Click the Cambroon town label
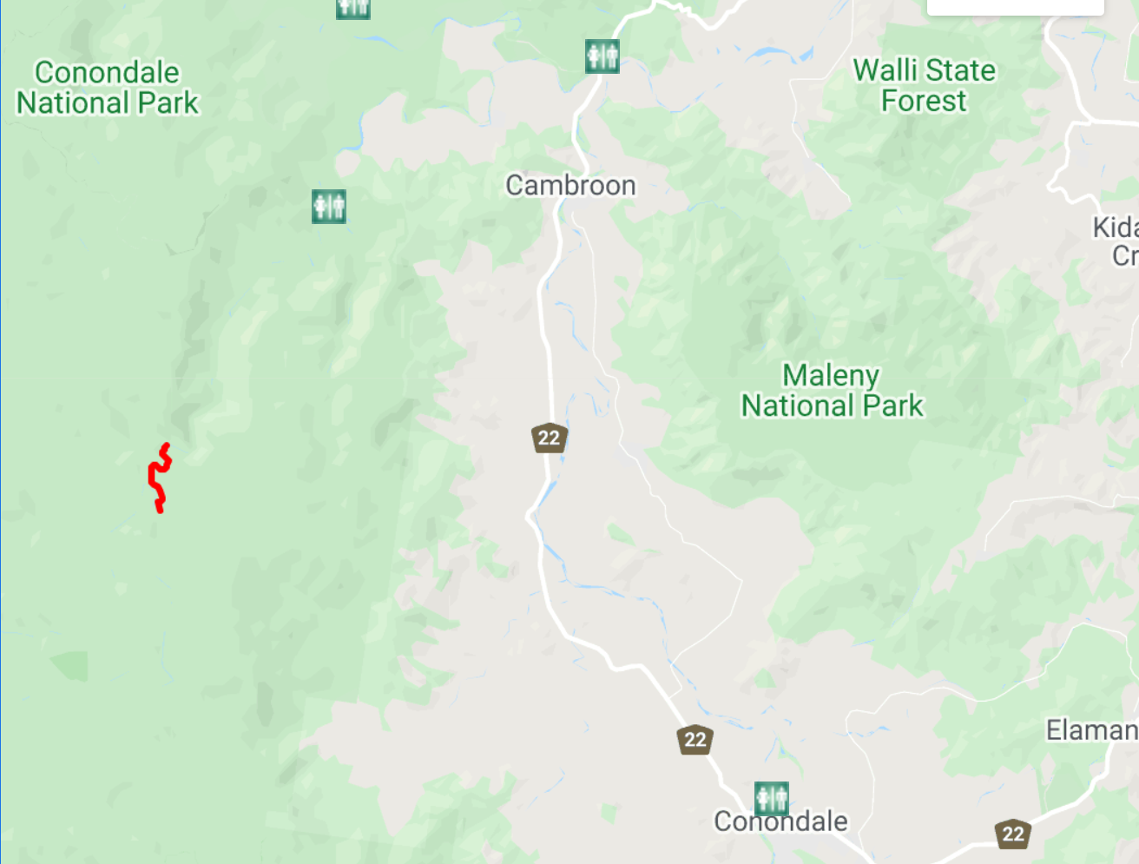570,185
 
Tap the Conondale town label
780,821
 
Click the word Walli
885,70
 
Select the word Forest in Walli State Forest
924,101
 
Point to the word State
960,70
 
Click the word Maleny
831,375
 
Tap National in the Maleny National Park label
797,406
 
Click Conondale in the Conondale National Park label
107,72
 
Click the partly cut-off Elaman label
1091,730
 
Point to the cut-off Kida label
1115,228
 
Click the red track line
157,478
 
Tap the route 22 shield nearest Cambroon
549,438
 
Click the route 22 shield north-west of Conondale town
695,740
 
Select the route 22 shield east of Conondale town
1013,834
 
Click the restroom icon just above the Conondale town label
772,798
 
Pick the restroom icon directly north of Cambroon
602,56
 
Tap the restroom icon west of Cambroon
329,207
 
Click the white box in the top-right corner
1015,7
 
